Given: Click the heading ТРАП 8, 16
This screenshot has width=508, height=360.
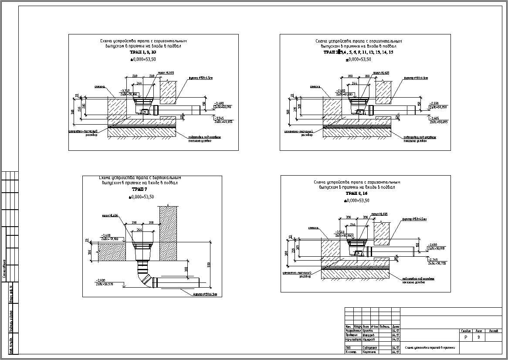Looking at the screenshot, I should point(357,193).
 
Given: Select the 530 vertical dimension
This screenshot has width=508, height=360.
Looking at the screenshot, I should point(209,265).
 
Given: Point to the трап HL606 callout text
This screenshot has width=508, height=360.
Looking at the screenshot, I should point(110,216).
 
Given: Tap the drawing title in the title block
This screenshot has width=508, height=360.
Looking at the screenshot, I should point(430,348).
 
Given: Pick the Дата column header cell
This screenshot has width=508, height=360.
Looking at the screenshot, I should point(396,326).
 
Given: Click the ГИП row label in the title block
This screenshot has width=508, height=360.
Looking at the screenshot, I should point(348,348).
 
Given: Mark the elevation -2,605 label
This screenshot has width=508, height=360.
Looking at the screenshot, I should point(434,118).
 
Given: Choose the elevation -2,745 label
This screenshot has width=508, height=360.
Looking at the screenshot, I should point(433,260).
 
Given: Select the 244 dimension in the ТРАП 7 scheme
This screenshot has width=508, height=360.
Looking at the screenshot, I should point(139,229).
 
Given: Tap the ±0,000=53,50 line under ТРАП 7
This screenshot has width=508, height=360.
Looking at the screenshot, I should point(142,197).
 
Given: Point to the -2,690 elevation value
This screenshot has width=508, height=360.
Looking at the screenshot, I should point(433,245).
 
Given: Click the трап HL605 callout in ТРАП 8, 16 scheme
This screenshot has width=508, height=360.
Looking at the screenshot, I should point(379,214).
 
